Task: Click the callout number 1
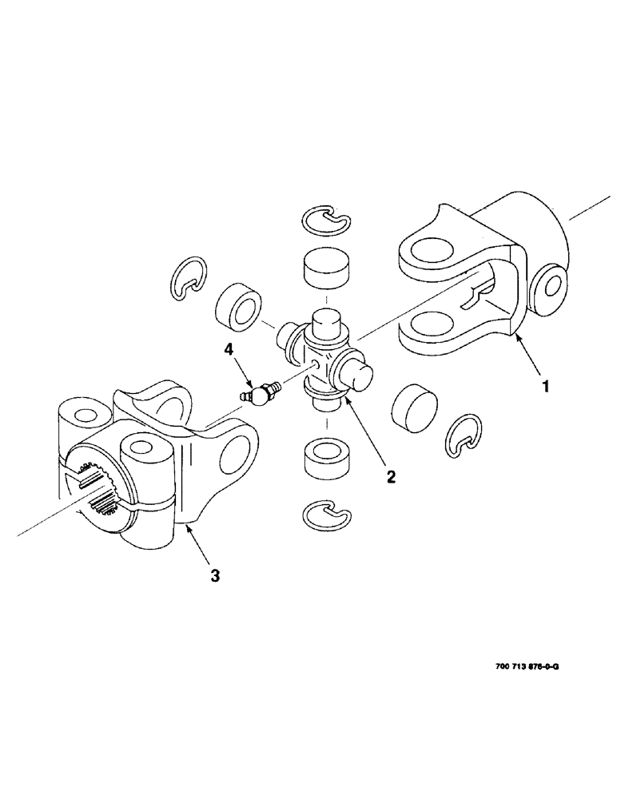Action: (545, 388)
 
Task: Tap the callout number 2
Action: (391, 477)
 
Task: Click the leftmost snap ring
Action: (189, 280)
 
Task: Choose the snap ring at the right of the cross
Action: (463, 435)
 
